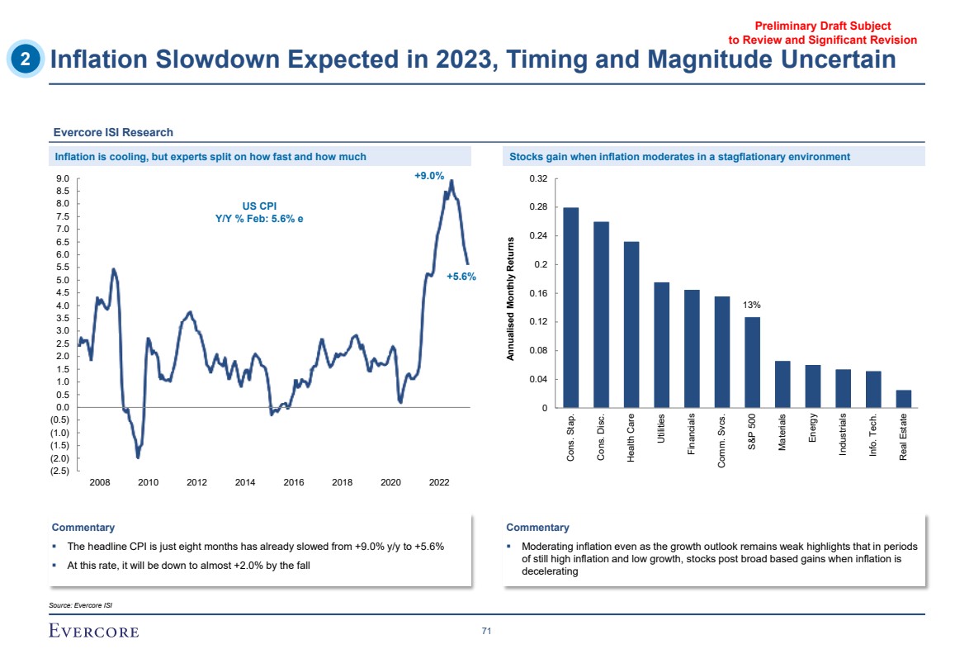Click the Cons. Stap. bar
[x=571, y=307]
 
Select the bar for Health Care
[x=631, y=324]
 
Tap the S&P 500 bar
[x=752, y=362]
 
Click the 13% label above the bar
[x=752, y=305]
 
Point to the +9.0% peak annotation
[x=429, y=176]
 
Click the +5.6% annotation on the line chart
[x=461, y=277]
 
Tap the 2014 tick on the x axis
[x=245, y=482]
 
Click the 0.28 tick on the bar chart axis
[x=537, y=207]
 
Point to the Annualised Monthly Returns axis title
[x=512, y=298]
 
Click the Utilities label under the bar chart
[x=662, y=429]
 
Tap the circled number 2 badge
[x=26, y=59]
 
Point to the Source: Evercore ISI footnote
[x=80, y=605]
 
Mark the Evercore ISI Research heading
[x=113, y=132]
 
